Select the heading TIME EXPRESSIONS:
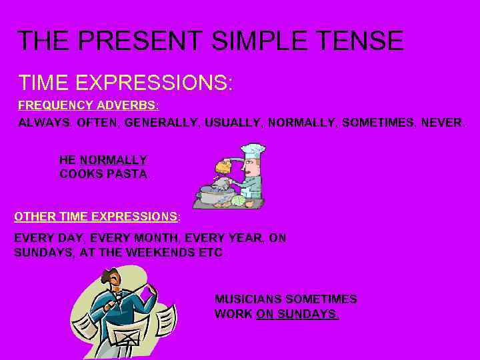(x=126, y=83)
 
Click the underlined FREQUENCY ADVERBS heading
(x=88, y=105)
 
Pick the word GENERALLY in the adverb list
(x=155, y=123)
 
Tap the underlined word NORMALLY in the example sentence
(x=113, y=160)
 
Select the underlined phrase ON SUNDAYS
(x=297, y=313)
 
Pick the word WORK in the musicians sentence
(x=233, y=313)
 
